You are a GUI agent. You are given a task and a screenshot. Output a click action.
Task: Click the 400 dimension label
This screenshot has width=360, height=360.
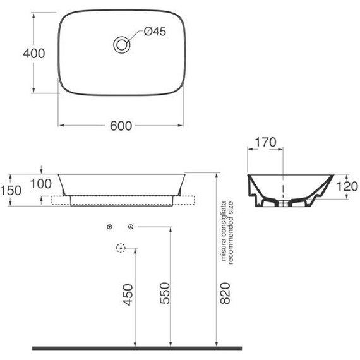click(33, 53)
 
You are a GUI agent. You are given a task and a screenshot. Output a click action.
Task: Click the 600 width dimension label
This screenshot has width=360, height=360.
click(121, 126)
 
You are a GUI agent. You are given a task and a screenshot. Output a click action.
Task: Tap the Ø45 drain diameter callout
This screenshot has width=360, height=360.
click(155, 32)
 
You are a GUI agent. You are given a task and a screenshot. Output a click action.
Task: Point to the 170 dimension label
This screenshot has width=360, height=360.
click(265, 142)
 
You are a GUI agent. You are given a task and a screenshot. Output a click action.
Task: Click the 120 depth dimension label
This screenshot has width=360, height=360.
click(347, 186)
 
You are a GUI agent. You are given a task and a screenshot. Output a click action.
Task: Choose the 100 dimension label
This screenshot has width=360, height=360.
click(41, 184)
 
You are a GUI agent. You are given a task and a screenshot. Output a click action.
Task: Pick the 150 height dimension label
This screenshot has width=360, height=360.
click(11, 190)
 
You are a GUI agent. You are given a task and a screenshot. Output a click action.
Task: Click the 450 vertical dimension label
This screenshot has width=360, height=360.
click(128, 295)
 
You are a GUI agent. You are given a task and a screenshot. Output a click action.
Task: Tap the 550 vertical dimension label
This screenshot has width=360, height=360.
click(165, 293)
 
